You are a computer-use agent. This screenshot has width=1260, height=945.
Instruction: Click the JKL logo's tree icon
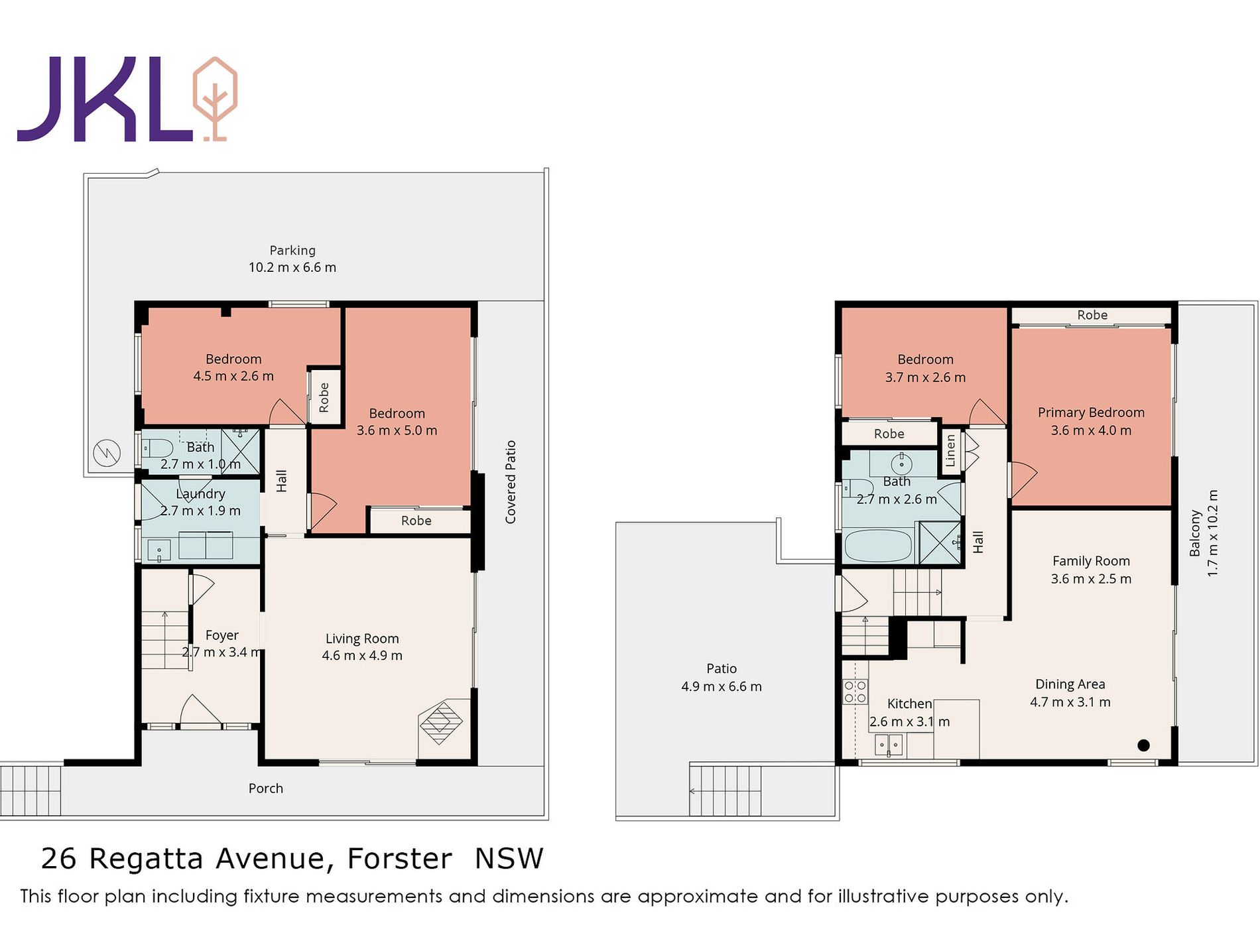215,99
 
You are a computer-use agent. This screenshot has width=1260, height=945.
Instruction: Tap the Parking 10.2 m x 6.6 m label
292,259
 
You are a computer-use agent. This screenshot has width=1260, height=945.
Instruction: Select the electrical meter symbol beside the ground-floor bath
107,453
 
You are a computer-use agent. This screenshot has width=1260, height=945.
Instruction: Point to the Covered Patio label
510,482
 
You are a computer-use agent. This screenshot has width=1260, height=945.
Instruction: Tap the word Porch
266,788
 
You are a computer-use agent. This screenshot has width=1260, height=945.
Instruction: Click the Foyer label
221,635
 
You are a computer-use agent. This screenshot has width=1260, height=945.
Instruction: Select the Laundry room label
200,494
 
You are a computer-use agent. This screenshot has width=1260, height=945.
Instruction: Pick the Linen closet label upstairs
950,450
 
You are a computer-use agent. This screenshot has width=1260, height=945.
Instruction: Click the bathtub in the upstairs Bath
878,546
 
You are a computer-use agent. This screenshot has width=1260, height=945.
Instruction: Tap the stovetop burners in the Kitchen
855,691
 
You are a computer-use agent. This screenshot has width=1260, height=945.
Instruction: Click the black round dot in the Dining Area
1143,745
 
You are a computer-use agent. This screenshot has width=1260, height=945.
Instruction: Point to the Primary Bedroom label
1091,412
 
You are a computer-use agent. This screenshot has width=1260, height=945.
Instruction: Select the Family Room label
1091,561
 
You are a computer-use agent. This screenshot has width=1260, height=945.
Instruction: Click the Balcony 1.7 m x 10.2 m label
1204,533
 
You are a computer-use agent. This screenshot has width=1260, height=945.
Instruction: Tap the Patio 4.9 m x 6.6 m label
722,678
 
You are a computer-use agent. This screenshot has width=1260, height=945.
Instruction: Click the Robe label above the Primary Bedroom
1092,315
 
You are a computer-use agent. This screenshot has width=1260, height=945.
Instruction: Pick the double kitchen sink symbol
889,745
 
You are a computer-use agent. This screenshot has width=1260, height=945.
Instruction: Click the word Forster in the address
400,859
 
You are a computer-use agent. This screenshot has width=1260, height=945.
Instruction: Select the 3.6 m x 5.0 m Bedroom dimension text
397,430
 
